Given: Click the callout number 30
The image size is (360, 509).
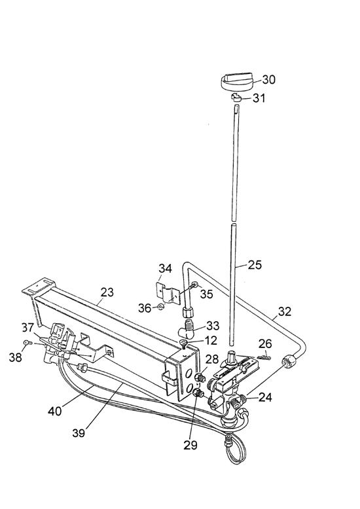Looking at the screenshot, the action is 269,80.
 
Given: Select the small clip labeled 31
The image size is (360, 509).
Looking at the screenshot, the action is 236,97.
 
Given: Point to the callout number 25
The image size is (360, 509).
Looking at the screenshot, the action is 255,265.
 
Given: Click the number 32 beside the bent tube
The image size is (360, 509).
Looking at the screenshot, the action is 285,311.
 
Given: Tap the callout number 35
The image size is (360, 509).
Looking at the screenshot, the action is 206,294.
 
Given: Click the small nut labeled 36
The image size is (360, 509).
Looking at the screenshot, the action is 160,307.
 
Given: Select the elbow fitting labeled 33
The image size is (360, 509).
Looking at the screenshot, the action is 187,329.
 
